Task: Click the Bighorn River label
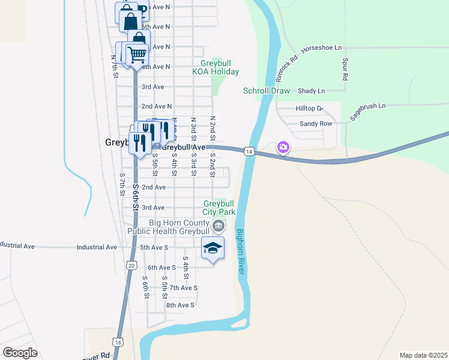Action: point(240,252)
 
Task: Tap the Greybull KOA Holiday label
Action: point(215,67)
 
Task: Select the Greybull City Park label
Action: point(219,208)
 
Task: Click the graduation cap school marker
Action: point(212,248)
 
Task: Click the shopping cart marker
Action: point(137,55)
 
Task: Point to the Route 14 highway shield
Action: point(248,151)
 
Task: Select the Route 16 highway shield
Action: point(119,342)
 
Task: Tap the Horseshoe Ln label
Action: point(321,47)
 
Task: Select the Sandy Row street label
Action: point(316,124)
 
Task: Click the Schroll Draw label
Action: point(266,91)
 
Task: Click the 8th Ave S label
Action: point(180,305)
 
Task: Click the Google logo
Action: point(20,352)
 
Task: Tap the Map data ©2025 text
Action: point(423,355)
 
